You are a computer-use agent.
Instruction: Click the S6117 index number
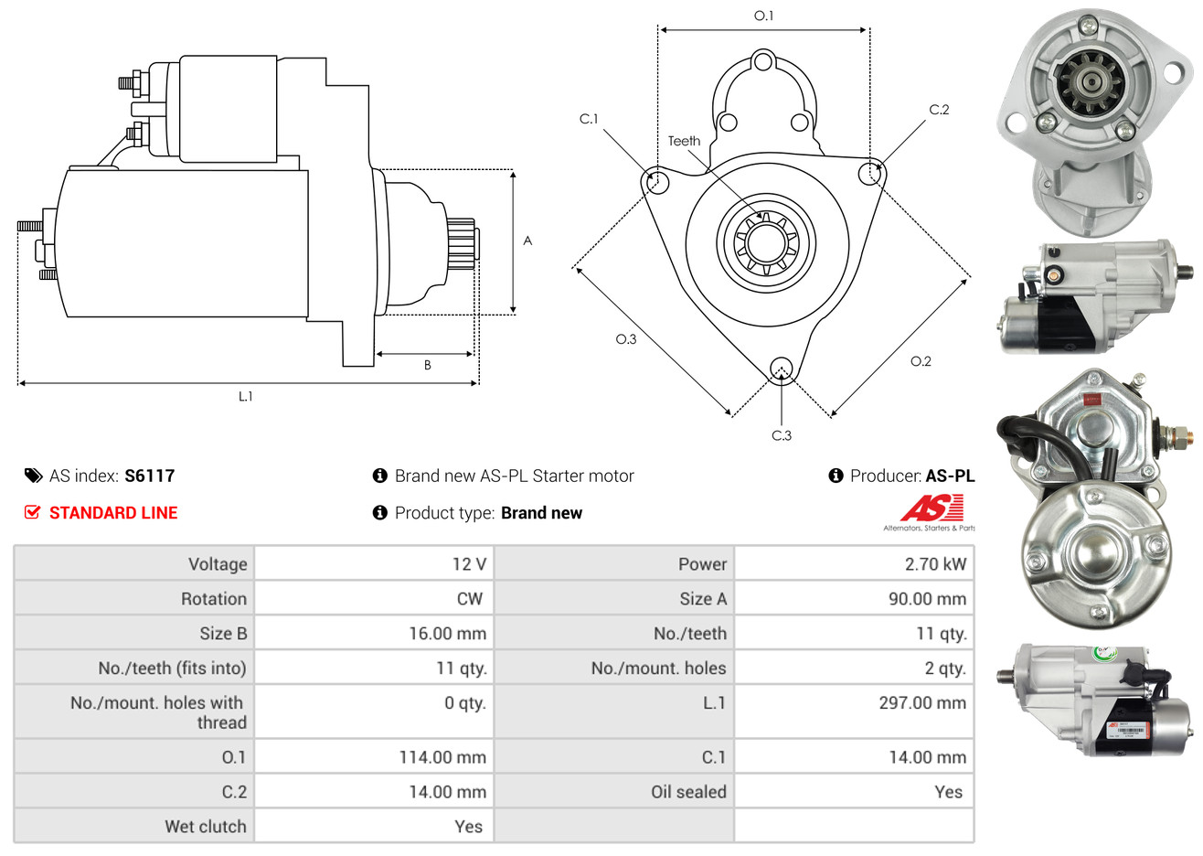[x=149, y=476]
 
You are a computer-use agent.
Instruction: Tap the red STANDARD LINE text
[x=113, y=513]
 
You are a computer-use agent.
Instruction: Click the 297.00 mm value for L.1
[x=922, y=702]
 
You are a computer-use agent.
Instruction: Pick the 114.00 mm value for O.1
[x=442, y=757]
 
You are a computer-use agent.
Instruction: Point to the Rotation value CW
[x=469, y=599]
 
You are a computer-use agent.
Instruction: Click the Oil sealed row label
[x=688, y=791]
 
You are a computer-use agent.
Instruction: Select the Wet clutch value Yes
[x=468, y=827]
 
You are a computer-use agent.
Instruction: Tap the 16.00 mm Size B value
[x=447, y=634]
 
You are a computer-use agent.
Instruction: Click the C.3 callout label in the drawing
[x=782, y=435]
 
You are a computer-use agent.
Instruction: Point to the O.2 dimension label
[x=921, y=361]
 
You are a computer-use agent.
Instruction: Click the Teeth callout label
[x=684, y=141]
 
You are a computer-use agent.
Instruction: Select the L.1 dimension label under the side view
[x=245, y=397]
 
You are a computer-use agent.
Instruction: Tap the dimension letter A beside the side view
[x=527, y=241]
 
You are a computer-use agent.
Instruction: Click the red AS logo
[x=932, y=508]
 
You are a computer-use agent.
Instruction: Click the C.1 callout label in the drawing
[x=589, y=119]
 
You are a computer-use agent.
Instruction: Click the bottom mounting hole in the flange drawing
[x=782, y=369]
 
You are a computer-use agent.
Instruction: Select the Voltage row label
[x=218, y=564]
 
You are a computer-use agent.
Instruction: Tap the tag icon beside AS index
[x=33, y=476]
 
